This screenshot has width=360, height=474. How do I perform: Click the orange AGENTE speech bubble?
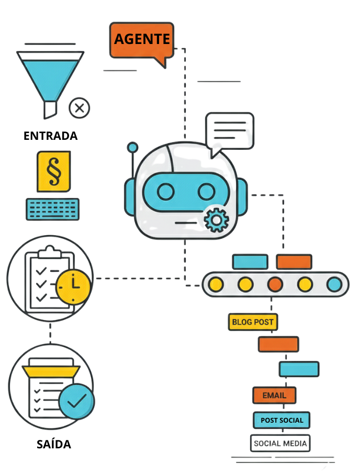142,39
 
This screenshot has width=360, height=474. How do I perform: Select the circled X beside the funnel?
79,108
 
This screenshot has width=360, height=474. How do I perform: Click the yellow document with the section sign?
54,171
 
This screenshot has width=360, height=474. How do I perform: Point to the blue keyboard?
53,209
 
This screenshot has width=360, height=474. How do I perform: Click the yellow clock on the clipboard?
73,285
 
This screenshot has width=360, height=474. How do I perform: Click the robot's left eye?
166,192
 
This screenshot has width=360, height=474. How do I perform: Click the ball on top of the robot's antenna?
133,147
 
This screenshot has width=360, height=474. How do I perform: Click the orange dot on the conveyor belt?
275,284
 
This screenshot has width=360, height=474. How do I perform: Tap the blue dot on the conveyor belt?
334,284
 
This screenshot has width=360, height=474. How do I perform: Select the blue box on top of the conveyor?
250,261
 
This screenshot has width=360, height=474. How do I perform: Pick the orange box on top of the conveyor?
294,261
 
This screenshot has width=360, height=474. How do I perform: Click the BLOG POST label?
253,322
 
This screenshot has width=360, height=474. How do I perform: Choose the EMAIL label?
274,395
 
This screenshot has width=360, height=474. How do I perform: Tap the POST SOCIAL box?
282,420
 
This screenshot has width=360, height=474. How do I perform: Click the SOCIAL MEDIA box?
280,443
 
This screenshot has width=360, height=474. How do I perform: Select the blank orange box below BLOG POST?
278,344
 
